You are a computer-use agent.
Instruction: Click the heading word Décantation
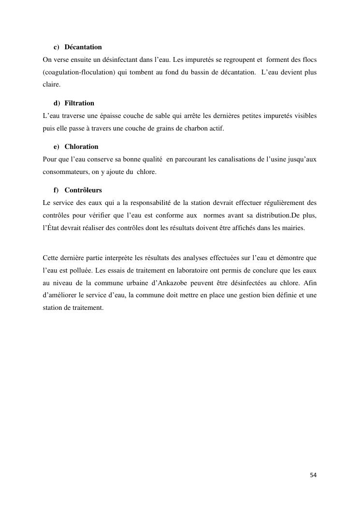[83, 47]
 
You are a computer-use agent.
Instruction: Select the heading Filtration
[79, 103]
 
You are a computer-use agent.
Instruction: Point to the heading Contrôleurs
[83, 190]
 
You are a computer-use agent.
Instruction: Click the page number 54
[313, 475]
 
